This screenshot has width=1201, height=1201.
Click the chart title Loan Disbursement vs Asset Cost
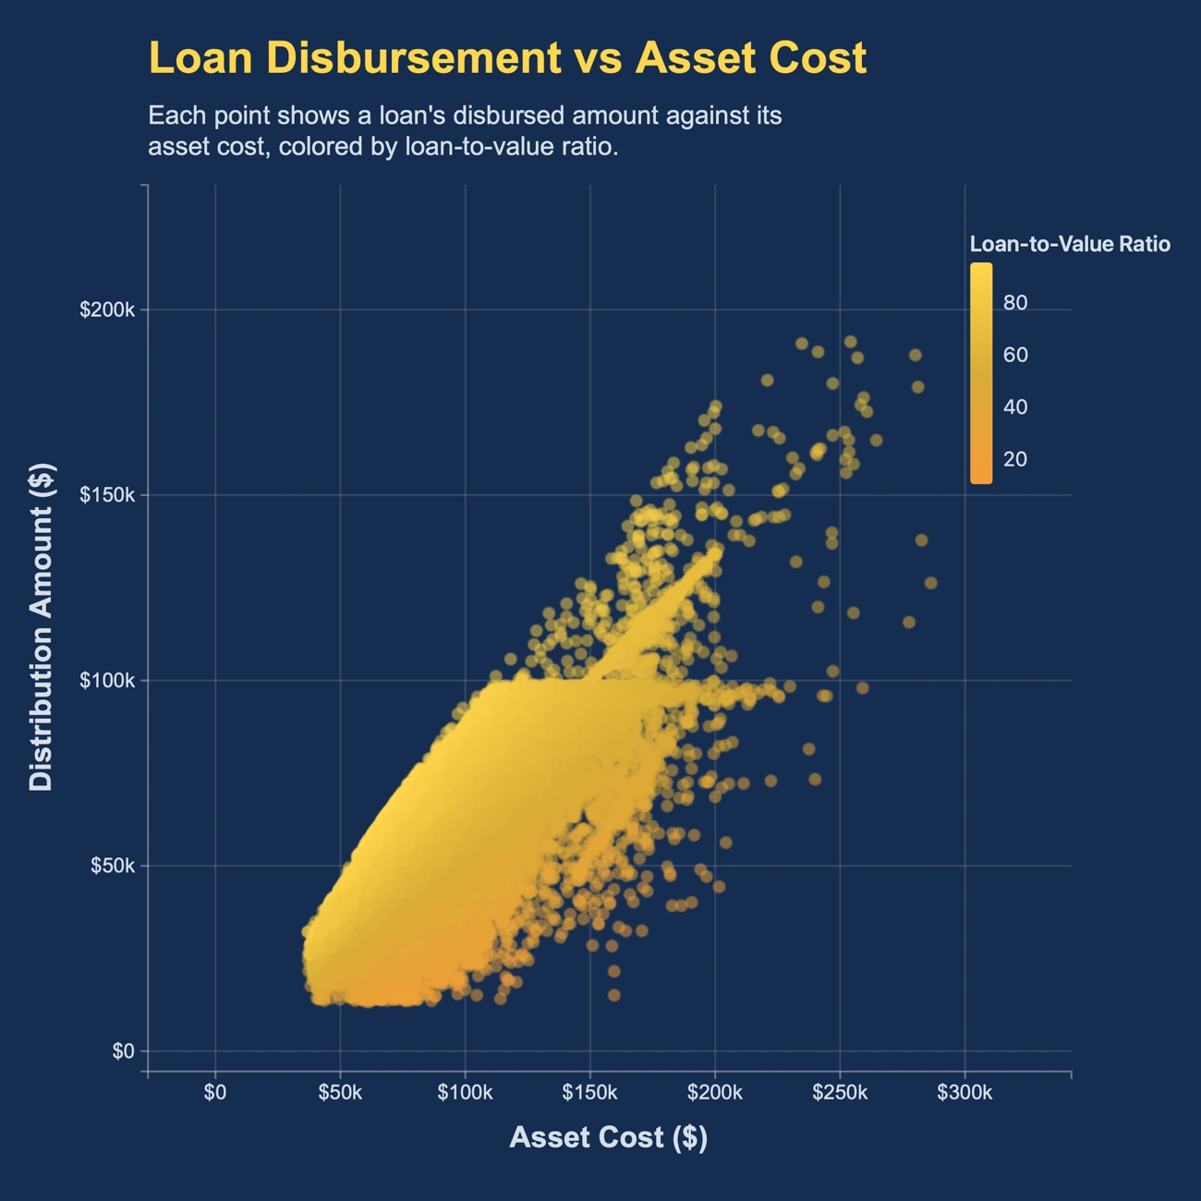coord(507,58)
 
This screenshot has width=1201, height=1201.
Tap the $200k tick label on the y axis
coord(106,309)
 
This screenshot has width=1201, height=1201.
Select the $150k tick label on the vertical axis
coord(106,495)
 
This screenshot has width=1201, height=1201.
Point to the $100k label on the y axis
coord(106,681)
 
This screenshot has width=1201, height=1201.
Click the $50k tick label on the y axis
coord(112,866)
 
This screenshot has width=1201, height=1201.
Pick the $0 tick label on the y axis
coord(124,1051)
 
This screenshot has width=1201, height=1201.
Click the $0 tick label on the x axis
coord(215,1093)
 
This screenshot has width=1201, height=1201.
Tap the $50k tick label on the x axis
coord(340,1093)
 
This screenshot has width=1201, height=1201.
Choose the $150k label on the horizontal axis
coord(589,1093)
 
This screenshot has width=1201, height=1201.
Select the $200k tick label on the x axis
coord(715,1093)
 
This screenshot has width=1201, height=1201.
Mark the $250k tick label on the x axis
coord(840,1093)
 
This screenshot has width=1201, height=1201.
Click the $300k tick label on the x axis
coord(964,1093)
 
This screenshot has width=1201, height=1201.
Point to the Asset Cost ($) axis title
coord(608,1137)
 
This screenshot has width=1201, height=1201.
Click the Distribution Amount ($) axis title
coord(42,627)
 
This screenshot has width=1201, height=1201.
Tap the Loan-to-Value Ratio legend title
coord(1070,244)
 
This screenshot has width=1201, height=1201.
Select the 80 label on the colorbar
coord(1015,303)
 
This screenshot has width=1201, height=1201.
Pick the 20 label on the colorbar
coord(1015,459)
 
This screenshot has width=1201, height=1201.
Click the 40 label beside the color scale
coord(1015,407)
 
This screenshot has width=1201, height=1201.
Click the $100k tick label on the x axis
coord(465,1093)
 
